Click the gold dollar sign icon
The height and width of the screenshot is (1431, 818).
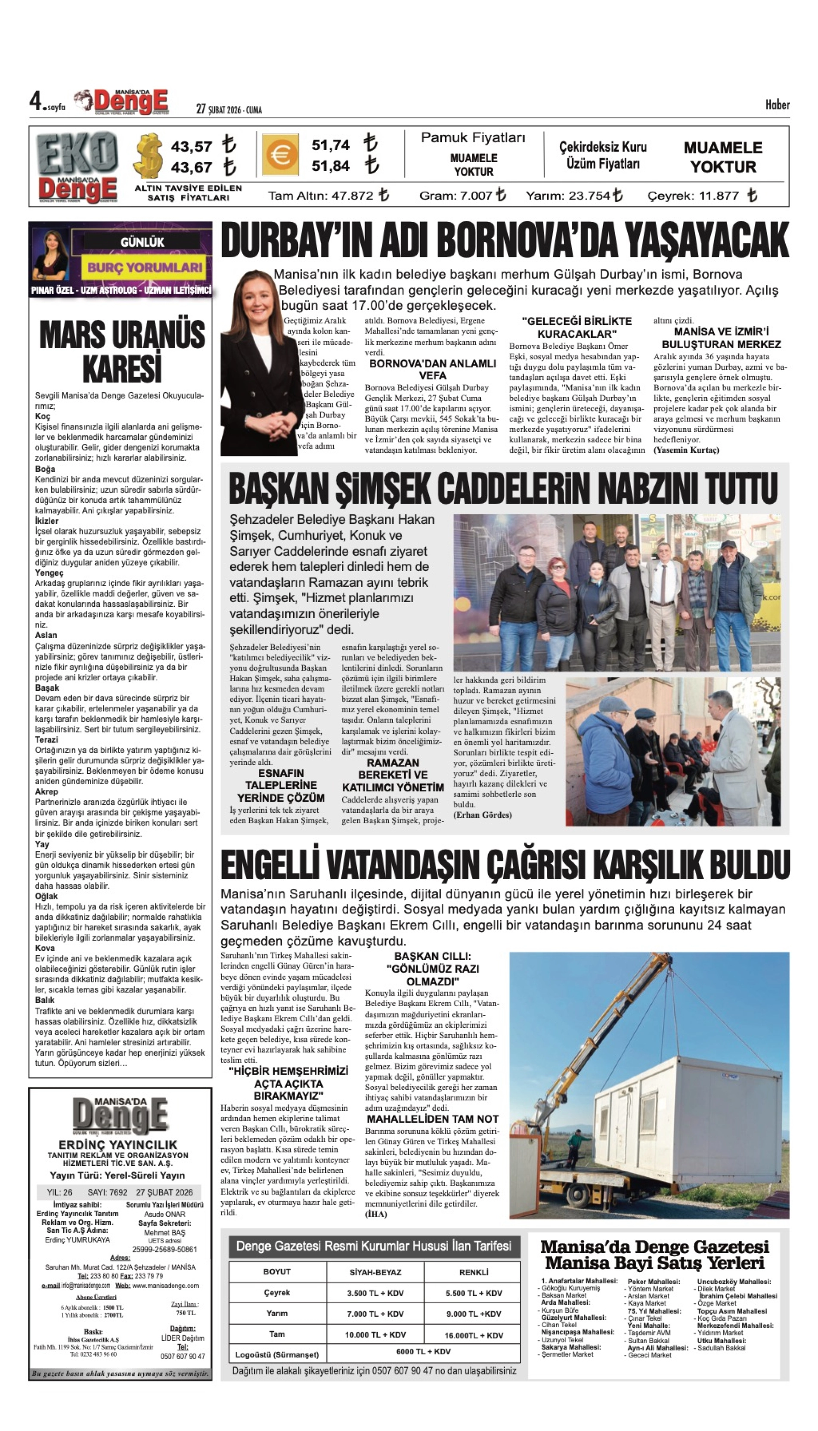149,155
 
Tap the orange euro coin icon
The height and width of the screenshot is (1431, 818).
281,155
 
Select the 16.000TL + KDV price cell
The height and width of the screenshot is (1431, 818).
474,1335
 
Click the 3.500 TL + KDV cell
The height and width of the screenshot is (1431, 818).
375,1293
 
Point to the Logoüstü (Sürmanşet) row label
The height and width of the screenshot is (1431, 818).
277,1355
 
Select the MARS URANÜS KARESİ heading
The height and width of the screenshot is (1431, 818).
122,352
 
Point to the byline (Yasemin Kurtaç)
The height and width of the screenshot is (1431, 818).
686,450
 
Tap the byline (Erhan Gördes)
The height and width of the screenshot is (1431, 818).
483,815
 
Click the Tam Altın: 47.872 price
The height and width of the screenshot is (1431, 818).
328,195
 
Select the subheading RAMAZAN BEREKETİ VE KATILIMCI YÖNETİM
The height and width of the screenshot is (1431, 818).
393,775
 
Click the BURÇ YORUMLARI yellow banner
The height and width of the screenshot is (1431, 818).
144,267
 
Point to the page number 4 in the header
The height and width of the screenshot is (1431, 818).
35,102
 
